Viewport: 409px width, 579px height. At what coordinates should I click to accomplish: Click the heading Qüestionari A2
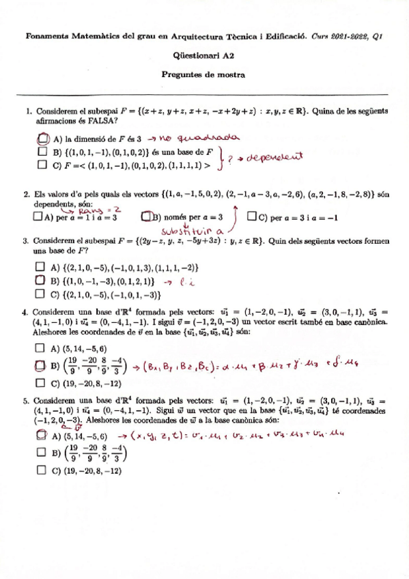204,57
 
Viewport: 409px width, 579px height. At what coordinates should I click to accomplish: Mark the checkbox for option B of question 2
145,218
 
